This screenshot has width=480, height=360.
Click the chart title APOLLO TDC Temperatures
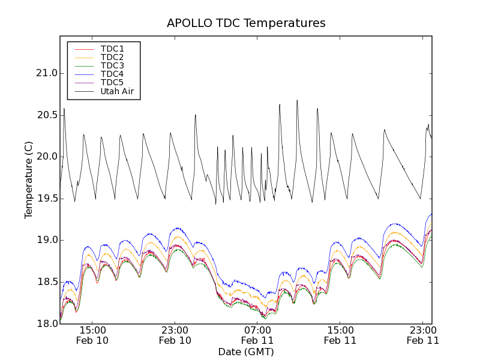(246, 23)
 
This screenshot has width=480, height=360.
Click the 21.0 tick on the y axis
(47, 73)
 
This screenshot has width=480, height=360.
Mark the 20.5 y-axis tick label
(47, 115)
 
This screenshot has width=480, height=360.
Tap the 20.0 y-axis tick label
(47, 157)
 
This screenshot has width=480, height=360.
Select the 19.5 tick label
(47, 199)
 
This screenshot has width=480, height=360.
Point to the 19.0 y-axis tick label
(47, 240)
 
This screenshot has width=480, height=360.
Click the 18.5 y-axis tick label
(47, 282)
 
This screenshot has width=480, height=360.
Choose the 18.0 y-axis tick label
(47, 323)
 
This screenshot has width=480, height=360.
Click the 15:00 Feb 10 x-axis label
(92, 335)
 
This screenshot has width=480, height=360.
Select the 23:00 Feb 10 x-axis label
(175, 335)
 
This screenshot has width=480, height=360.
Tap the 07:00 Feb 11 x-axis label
(257, 335)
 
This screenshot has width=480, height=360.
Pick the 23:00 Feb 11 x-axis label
(422, 335)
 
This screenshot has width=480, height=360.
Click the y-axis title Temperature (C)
(29, 179)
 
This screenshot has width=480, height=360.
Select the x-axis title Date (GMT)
(246, 352)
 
